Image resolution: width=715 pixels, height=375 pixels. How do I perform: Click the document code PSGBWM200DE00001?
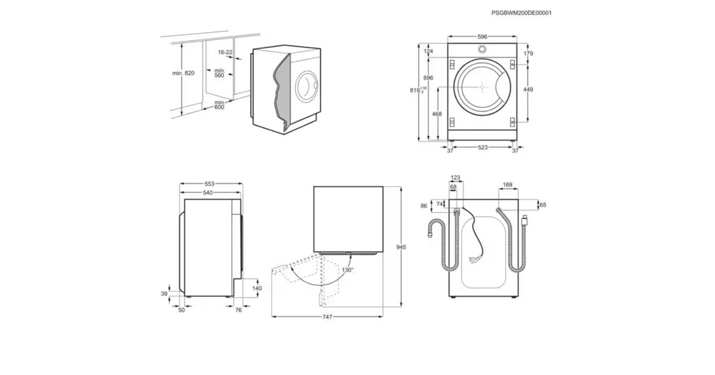coord(517,12)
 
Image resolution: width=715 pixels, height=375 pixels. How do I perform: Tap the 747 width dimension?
coord(327,317)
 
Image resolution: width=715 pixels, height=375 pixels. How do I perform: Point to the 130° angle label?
coord(347,270)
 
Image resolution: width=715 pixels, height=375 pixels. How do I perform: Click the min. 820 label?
coord(183,73)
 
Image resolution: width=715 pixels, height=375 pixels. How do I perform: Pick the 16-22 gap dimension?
coord(225,52)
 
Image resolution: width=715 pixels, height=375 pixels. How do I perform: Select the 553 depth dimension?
coord(210,184)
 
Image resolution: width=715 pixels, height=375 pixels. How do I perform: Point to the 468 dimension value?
coord(436,114)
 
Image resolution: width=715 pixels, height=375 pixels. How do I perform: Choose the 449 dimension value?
coord(528,89)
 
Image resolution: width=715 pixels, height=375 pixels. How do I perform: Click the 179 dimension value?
coord(528,54)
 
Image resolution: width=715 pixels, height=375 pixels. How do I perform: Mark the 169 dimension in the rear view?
coord(508,185)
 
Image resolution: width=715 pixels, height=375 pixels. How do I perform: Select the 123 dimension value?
coord(456,177)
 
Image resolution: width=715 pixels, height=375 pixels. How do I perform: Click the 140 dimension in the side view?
coord(257,288)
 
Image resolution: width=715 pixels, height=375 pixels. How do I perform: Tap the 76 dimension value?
coord(238,310)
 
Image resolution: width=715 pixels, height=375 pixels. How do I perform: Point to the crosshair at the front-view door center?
coord(482,87)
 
